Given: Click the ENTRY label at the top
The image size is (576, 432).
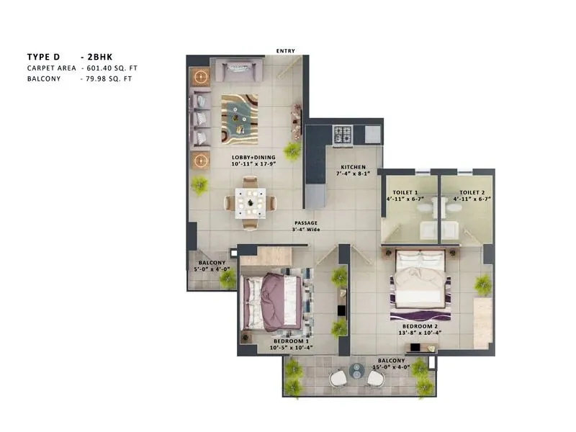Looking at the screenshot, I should coord(285,50).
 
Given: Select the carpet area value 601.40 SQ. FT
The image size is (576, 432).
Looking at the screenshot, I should coord(109,67).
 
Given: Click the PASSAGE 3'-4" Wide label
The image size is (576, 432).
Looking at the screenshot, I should coord(306,226).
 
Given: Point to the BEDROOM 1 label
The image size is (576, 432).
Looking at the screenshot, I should coord(289,341).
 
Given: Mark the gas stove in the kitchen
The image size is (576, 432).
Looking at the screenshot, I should coord(341,133).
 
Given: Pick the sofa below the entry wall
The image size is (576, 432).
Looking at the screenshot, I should coord(243,71).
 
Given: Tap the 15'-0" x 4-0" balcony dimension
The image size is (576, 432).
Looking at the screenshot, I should coord(391,366).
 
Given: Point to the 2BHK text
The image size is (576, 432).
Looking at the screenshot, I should coord(96,55).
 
